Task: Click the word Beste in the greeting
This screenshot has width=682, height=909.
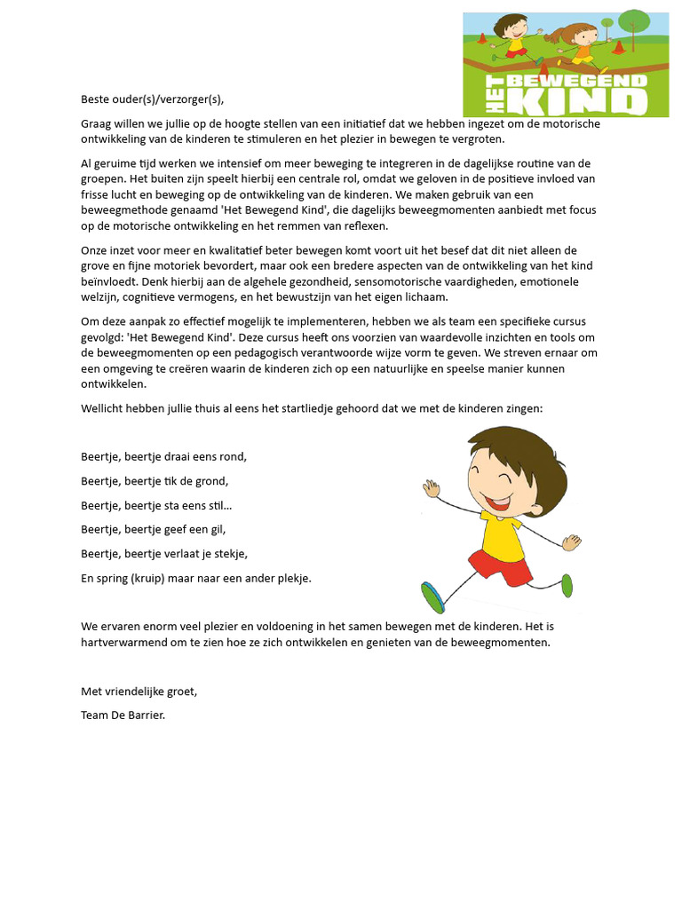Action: click(x=95, y=99)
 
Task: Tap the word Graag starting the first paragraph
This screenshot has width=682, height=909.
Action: click(x=98, y=123)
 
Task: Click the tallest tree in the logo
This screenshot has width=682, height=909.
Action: click(x=634, y=28)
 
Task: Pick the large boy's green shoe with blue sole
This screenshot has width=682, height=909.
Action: click(x=433, y=597)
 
